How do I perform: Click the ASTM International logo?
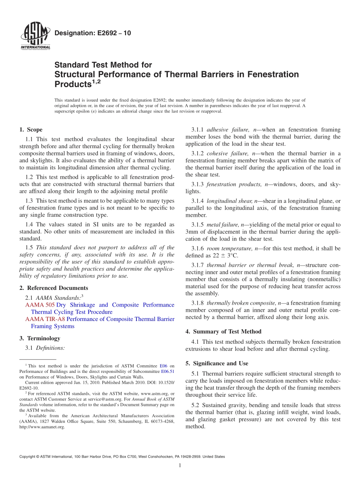click(35, 36)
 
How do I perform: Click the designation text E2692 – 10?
click(92, 33)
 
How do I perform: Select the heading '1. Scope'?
click(31, 130)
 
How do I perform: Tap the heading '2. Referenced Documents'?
click(54, 288)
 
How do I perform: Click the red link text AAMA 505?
click(40, 305)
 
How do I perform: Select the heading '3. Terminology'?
click(40, 338)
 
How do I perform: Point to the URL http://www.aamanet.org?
click(42, 427)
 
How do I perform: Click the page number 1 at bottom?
click(180, 465)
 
